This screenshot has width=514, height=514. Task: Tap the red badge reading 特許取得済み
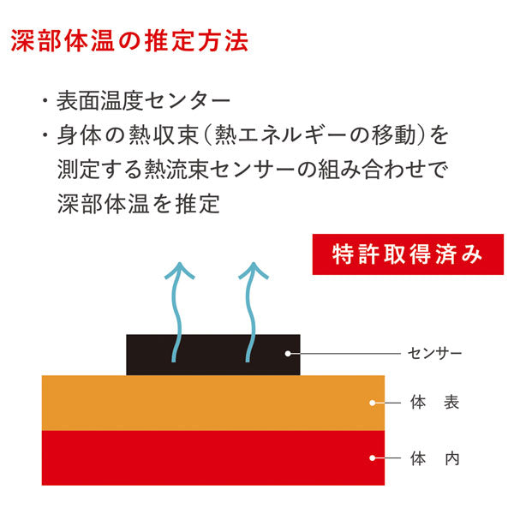click(x=406, y=254)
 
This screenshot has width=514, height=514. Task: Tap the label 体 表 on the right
click(x=434, y=402)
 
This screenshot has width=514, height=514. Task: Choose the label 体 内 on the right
click(x=434, y=457)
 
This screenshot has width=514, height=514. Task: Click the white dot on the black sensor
click(x=288, y=353)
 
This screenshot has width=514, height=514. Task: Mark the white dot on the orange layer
click(x=372, y=402)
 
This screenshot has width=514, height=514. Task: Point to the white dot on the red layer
click(x=372, y=457)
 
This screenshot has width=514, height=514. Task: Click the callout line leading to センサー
click(x=343, y=353)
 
